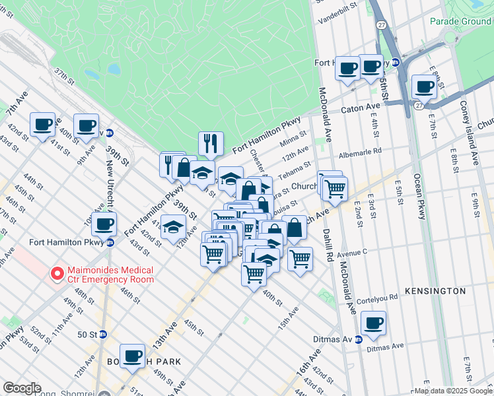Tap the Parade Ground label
[x=460, y=21]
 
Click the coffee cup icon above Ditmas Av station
[x=374, y=323]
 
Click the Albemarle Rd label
[x=360, y=152]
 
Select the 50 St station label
[x=87, y=335]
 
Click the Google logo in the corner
[x=22, y=388]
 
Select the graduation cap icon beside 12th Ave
[x=173, y=228]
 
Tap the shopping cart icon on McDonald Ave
[x=335, y=189]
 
